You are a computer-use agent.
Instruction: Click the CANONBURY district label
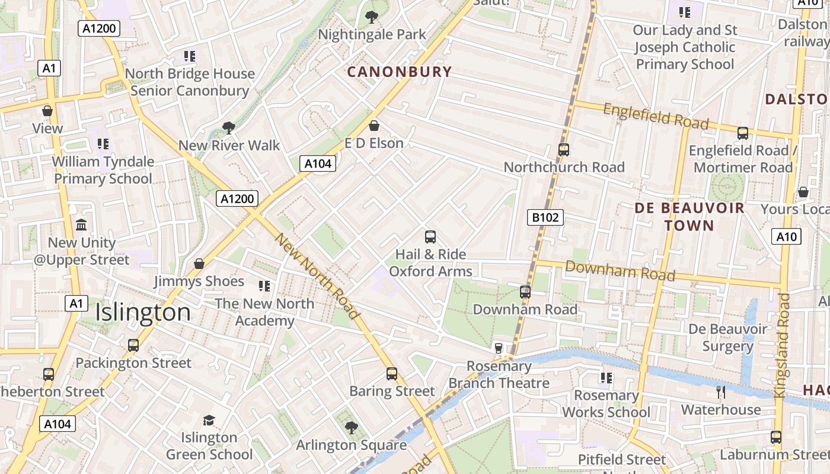(399, 72)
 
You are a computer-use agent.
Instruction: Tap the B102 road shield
(545, 217)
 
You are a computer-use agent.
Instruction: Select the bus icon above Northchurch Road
(563, 150)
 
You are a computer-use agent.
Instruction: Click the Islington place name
(143, 312)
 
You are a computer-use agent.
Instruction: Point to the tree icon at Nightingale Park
(372, 17)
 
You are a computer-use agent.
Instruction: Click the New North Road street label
(318, 276)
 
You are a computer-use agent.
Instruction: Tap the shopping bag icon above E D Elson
(374, 126)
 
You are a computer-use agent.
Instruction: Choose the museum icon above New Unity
(81, 225)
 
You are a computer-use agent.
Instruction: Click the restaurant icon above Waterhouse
(720, 392)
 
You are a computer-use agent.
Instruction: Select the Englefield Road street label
(656, 116)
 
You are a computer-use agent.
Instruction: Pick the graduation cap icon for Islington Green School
(209, 420)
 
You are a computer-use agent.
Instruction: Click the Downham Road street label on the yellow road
(620, 270)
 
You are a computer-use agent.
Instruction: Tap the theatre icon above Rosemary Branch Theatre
(499, 348)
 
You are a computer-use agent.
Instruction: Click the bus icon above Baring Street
(391, 373)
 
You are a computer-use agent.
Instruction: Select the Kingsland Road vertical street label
(784, 345)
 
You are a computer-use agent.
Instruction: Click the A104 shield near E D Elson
(318, 164)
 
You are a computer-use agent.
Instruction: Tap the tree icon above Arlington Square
(351, 427)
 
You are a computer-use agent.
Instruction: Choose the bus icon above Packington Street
(133, 345)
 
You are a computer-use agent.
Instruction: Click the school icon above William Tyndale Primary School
(104, 143)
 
